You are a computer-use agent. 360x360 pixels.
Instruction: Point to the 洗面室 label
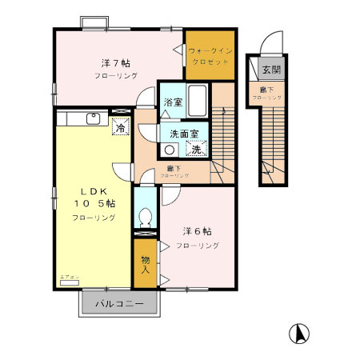182,134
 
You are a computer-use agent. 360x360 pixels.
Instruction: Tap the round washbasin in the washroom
170,150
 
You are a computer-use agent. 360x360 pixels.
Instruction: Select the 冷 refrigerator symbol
120,127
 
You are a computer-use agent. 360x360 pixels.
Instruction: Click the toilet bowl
145,216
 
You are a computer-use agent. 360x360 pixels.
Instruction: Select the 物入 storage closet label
145,265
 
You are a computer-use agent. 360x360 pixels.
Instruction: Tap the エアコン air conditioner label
69,278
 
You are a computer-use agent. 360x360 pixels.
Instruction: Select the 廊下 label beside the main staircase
174,168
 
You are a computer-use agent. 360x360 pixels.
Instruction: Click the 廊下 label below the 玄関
265,90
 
